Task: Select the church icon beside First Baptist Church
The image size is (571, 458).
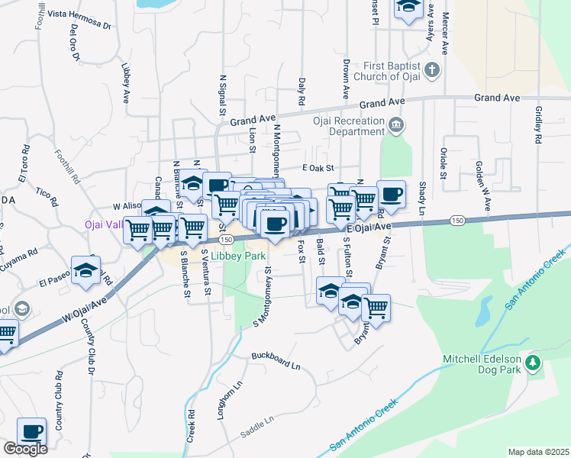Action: point(432,71)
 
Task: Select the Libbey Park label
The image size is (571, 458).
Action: point(237,256)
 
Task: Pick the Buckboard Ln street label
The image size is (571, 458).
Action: point(276,361)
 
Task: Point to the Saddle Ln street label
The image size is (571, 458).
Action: point(257,421)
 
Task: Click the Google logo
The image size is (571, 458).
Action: point(25,449)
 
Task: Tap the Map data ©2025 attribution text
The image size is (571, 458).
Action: point(537,452)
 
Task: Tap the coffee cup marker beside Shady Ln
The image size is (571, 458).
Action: point(391,194)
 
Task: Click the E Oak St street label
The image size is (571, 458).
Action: point(318,168)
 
